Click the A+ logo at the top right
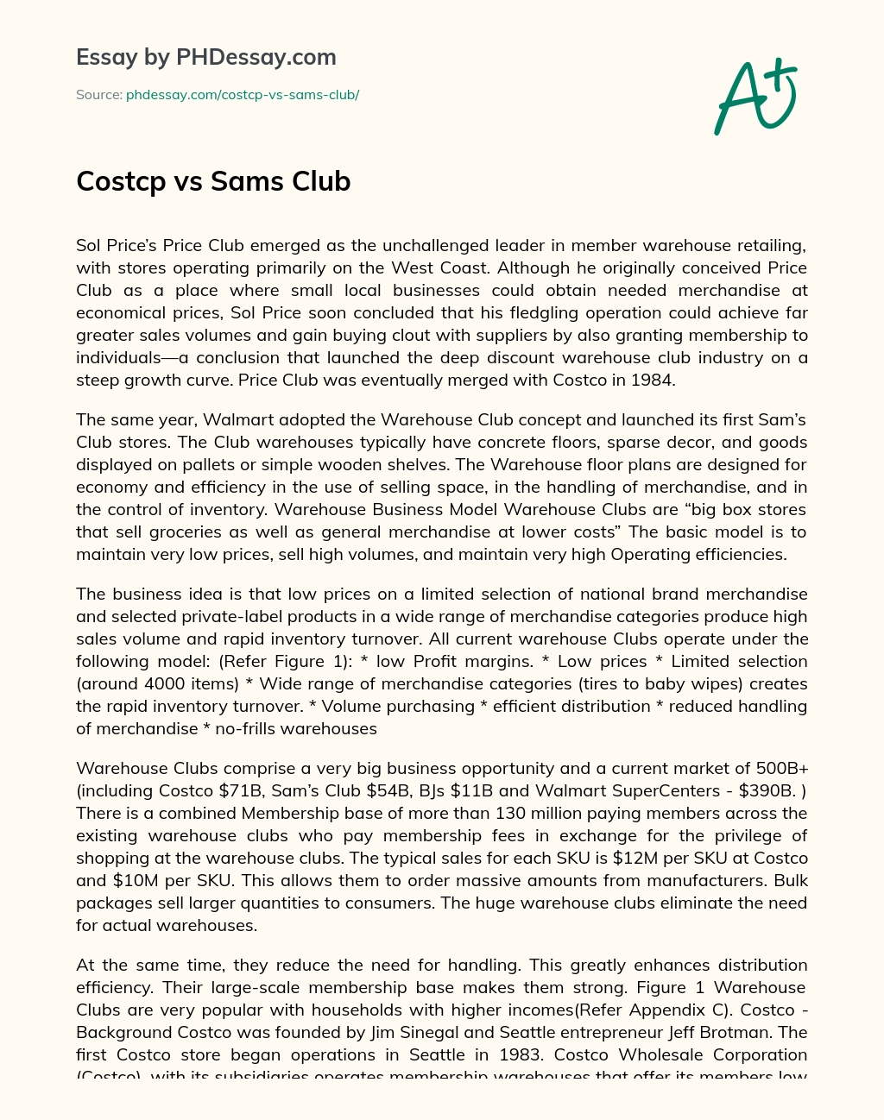tap(755, 97)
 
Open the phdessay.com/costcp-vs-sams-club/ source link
tap(243, 95)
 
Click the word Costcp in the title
tap(121, 181)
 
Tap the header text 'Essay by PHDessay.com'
tap(206, 57)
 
